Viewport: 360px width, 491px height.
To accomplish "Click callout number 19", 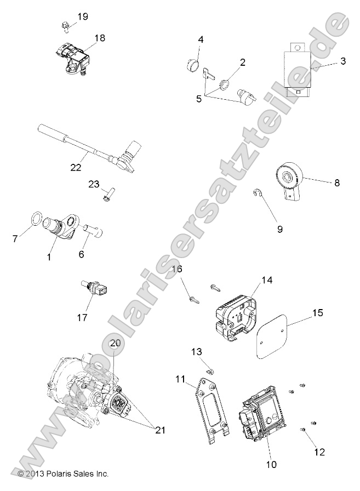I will pos(82,16).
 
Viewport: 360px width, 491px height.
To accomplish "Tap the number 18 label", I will pos(99,38).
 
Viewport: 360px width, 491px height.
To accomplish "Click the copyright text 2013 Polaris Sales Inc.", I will pos(64,473).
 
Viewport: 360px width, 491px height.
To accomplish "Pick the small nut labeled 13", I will pos(213,373).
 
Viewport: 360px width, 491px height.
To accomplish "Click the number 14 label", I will pos(267,279).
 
